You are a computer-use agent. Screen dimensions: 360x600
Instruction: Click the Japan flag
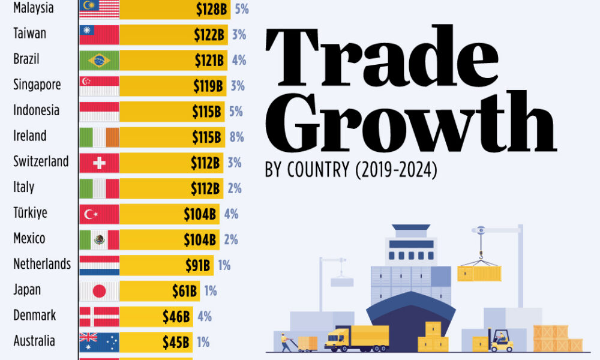[99, 291]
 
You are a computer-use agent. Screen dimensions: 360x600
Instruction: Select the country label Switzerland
[41, 161]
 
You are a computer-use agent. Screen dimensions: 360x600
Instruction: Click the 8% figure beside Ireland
[236, 137]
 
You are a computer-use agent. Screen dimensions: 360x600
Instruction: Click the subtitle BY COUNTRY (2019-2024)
[351, 170]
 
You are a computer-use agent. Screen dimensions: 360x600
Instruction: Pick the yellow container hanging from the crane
[478, 273]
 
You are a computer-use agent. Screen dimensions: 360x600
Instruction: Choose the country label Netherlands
[42, 264]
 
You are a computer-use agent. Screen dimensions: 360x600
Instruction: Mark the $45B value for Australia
[176, 342]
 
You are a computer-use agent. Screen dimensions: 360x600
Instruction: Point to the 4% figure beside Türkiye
[231, 214]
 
